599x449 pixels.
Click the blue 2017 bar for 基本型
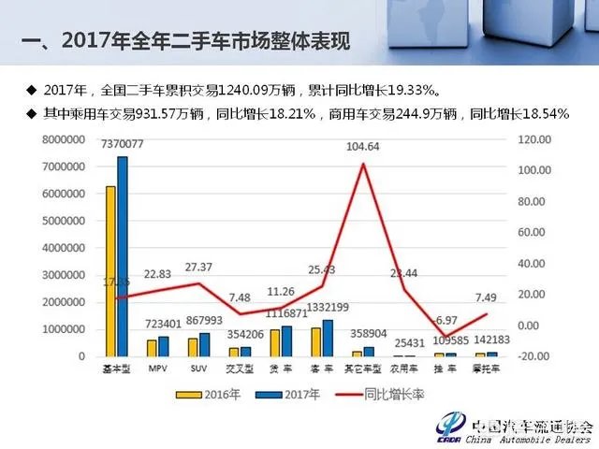[x=122, y=257]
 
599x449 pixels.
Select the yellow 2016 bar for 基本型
[x=110, y=271]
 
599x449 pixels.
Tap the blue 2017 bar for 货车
[x=286, y=340]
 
